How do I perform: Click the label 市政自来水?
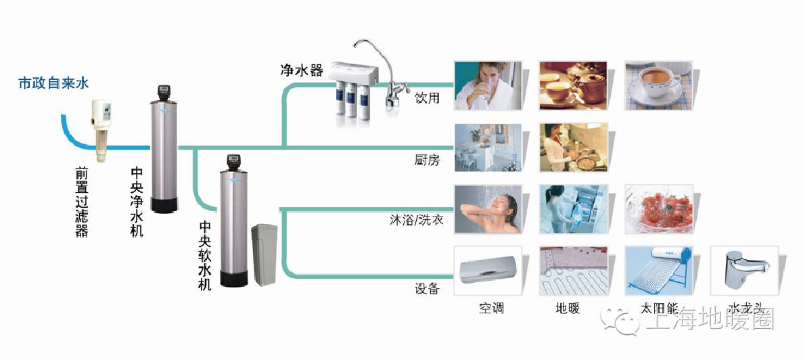(x=53, y=84)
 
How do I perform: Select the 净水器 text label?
(x=302, y=70)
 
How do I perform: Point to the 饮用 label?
(x=427, y=98)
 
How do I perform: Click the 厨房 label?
(x=427, y=160)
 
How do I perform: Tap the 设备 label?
(x=427, y=289)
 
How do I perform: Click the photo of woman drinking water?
(x=486, y=85)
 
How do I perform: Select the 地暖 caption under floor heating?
(x=568, y=309)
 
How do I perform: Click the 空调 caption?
(x=491, y=309)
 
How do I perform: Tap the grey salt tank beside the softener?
(x=264, y=255)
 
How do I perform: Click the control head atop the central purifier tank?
(x=163, y=91)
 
